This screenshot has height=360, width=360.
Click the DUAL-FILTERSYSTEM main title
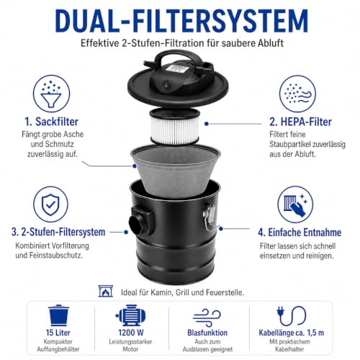(181, 21)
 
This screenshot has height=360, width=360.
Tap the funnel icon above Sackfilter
(51, 94)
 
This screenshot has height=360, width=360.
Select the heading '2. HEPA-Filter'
(300, 122)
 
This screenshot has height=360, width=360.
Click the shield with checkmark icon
(50, 204)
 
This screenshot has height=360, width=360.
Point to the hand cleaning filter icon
(295, 204)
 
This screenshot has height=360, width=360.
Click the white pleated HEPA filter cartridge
(175, 127)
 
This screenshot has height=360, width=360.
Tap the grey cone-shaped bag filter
(175, 171)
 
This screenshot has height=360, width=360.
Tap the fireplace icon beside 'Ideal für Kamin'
(106, 292)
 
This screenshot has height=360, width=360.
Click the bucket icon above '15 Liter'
(58, 315)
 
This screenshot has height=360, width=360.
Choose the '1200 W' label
(131, 333)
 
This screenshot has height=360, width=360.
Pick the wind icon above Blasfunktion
(207, 316)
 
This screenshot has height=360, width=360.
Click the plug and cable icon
(291, 315)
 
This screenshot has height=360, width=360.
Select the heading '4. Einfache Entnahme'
(300, 233)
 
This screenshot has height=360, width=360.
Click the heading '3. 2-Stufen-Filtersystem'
(58, 232)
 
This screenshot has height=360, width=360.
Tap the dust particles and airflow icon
(297, 94)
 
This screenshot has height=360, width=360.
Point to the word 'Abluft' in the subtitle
(271, 43)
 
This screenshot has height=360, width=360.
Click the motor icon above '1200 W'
(131, 315)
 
